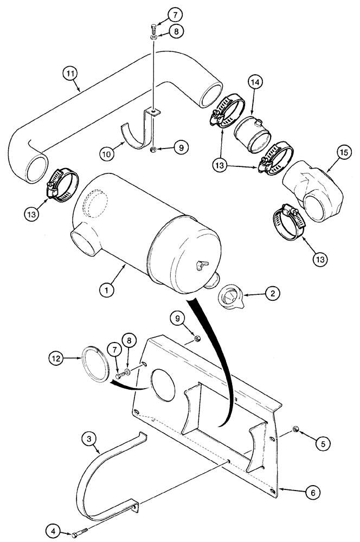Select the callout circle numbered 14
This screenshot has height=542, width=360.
[x=255, y=83]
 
